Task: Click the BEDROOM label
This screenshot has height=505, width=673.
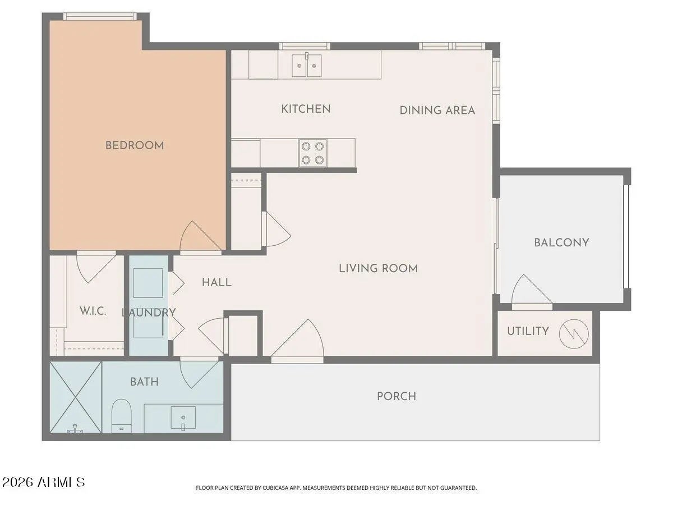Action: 135,145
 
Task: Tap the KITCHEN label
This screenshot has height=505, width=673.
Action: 306,109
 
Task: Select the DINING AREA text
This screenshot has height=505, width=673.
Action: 437,111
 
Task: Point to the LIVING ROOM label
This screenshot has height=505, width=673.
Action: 378,268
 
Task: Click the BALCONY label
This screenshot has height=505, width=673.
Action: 561,242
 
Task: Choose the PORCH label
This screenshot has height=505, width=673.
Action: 397,396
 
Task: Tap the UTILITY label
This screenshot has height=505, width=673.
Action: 528,331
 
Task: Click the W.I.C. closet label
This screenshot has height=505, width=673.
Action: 93,311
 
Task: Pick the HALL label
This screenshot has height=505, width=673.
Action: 217,282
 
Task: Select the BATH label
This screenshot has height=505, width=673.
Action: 144,382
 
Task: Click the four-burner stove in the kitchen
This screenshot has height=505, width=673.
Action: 313,153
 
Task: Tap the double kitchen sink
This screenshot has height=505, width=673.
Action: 307,65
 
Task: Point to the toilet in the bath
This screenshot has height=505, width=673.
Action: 121,415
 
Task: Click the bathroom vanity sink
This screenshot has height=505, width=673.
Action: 183,418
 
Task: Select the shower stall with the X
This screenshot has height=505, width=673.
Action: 75,397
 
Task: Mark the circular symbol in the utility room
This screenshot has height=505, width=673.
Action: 574,334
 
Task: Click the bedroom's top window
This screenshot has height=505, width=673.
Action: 100,16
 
